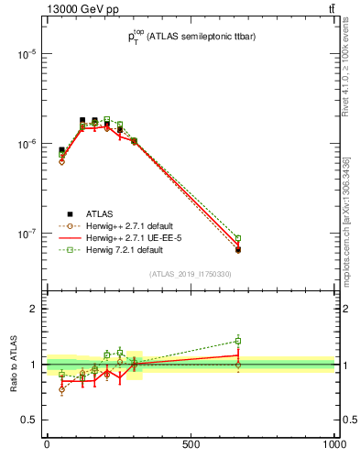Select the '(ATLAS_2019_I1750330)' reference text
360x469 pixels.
[x=191, y=274]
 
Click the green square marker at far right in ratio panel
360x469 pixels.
[x=238, y=341]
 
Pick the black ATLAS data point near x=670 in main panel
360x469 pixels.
[x=238, y=249]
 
